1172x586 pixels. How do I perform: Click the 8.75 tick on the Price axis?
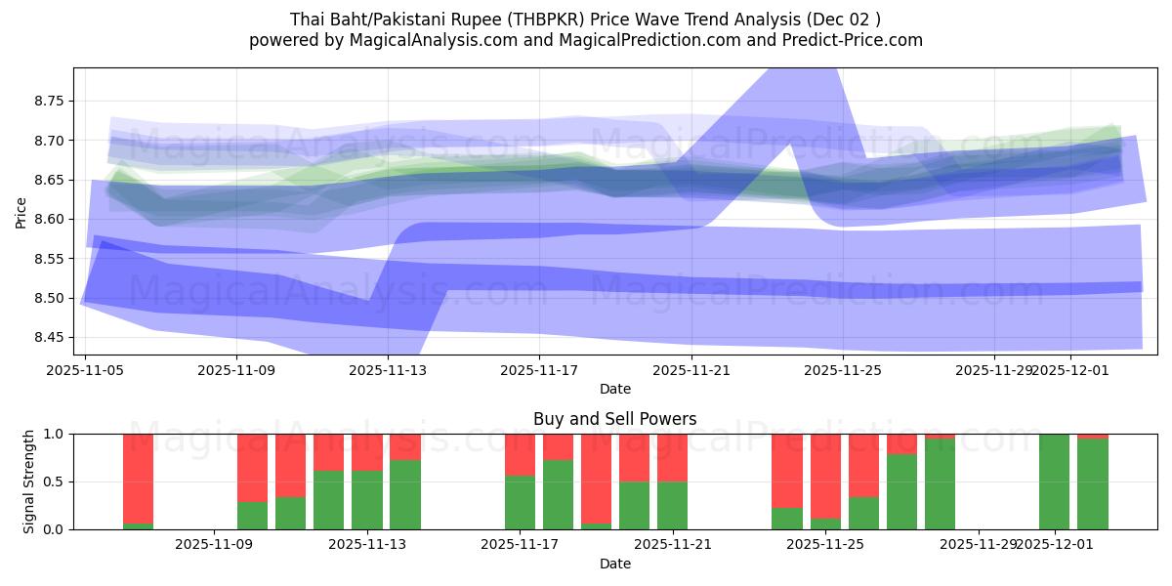(49, 101)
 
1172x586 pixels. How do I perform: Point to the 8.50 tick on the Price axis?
(49, 298)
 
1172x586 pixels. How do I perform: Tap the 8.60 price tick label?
(49, 219)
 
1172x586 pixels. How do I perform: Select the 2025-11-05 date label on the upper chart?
(86, 371)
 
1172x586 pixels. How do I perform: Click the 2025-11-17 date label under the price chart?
(539, 371)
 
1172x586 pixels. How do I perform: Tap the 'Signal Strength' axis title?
(29, 481)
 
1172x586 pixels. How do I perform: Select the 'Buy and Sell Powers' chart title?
(614, 419)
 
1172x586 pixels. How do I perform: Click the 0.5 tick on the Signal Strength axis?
(54, 481)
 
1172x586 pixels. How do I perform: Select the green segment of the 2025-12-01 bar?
(1054, 481)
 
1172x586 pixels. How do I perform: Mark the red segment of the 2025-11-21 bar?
(673, 457)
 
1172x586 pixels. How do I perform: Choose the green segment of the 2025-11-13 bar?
(367, 500)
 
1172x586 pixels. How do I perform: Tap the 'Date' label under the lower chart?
(614, 564)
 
